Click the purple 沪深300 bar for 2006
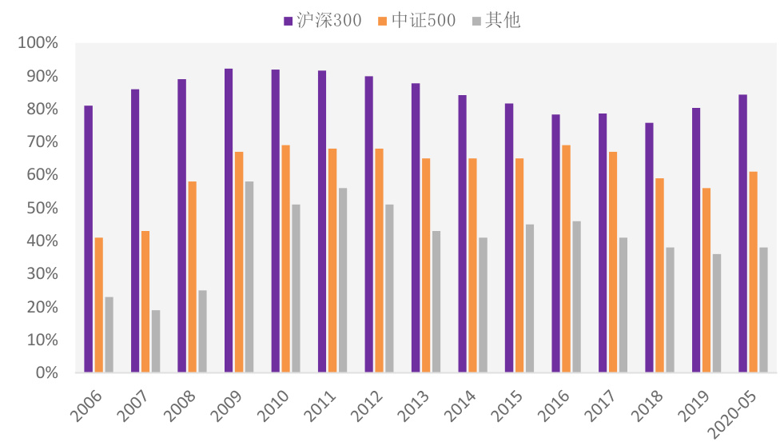click(x=88, y=239)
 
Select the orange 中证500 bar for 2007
click(x=145, y=302)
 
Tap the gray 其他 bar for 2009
click(x=249, y=277)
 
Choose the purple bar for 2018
click(x=649, y=248)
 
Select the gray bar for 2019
click(x=717, y=313)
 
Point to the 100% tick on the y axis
click(x=38, y=43)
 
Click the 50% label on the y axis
click(x=41, y=208)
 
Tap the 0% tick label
click(x=45, y=372)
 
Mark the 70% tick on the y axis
click(x=41, y=142)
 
